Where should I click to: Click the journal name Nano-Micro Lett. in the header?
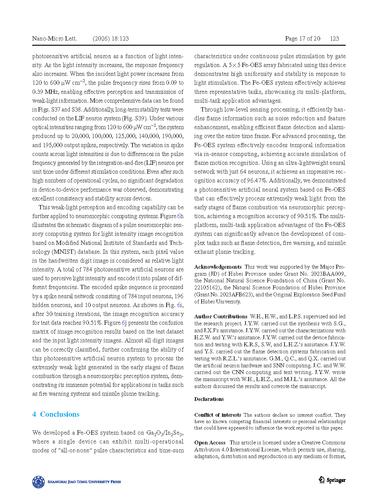[x=55, y=38]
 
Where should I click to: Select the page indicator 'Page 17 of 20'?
[x=302, y=38]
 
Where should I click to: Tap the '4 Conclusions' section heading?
[x=56, y=414]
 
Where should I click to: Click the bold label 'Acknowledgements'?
[x=218, y=267]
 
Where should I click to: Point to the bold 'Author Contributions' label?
[x=221, y=316]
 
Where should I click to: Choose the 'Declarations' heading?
[x=209, y=399]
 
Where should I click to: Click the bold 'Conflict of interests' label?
[x=218, y=415]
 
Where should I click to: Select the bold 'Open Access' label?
[x=210, y=443]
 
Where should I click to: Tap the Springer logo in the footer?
[x=332, y=480]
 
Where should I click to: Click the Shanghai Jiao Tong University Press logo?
[x=76, y=482]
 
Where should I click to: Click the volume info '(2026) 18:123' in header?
[x=111, y=38]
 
